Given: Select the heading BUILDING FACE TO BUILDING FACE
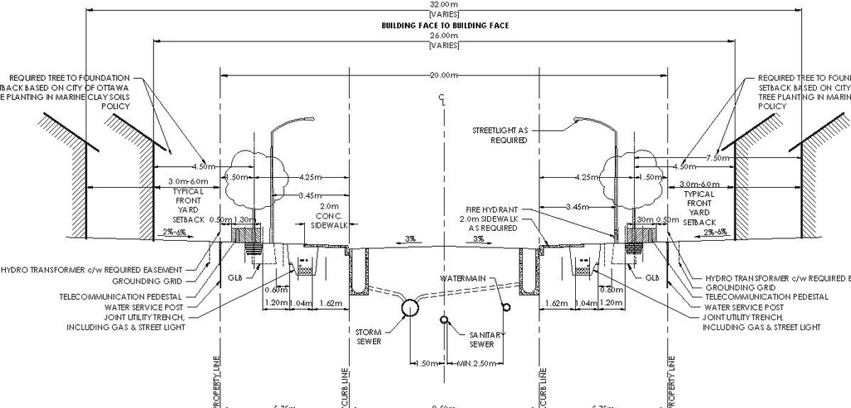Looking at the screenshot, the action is click(x=445, y=26).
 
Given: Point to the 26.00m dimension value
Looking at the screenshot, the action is click(x=445, y=36).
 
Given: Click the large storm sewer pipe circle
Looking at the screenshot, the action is click(x=411, y=307).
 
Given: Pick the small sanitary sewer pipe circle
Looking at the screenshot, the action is click(x=446, y=318).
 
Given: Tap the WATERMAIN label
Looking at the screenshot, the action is click(x=464, y=277).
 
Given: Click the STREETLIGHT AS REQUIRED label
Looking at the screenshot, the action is click(x=500, y=135).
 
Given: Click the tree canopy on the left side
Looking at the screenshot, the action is click(x=249, y=175).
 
